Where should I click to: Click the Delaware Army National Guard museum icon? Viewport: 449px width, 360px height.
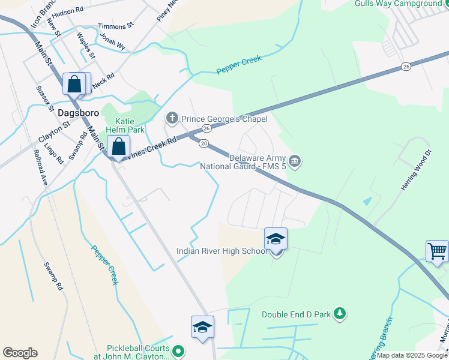coord(295,160)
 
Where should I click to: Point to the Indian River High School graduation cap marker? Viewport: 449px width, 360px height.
coord(276,239)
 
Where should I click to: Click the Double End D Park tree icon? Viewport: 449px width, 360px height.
coord(340,313)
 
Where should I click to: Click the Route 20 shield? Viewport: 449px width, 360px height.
coord(204,143)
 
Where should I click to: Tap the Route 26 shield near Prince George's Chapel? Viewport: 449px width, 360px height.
coord(206,128)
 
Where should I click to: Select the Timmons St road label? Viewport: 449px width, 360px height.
coord(116,26)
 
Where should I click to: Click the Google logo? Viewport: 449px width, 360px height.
coord(20,353)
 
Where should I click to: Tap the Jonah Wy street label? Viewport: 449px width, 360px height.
coord(113,40)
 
